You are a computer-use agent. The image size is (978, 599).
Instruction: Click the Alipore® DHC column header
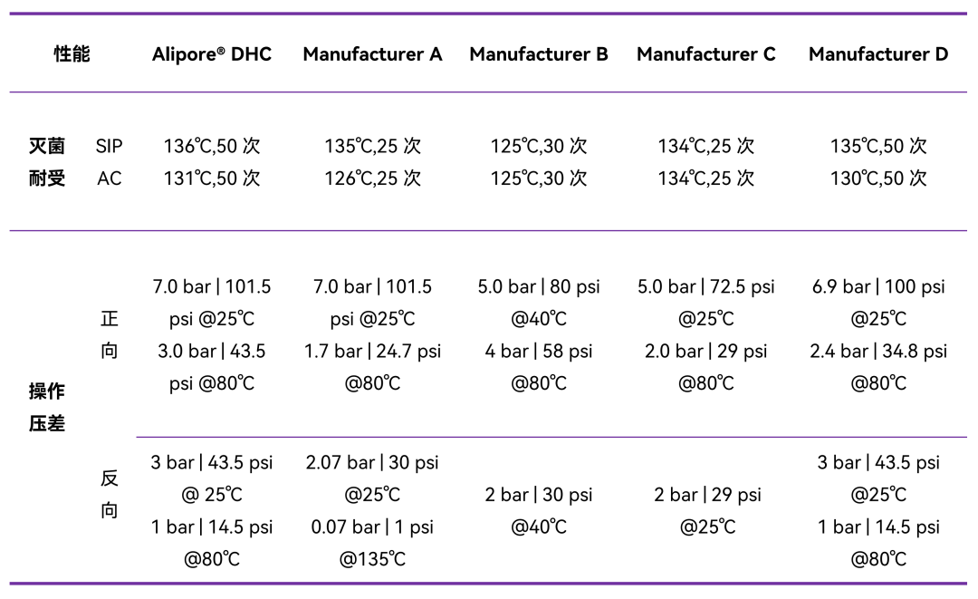click(212, 54)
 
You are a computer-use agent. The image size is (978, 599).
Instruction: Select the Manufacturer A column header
click(372, 54)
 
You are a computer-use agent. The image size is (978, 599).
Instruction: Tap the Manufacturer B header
click(539, 54)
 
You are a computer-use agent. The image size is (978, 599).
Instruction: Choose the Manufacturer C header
click(706, 54)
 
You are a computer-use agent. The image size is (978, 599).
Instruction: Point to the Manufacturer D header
click(878, 54)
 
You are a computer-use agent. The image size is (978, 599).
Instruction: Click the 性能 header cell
click(72, 54)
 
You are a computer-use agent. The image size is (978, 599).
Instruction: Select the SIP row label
click(110, 146)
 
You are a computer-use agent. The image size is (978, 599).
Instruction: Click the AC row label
click(110, 179)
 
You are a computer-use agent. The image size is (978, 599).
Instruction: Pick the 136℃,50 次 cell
click(212, 146)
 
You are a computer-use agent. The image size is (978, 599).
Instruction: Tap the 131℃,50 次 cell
click(212, 179)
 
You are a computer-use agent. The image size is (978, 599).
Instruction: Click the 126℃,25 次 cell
click(372, 179)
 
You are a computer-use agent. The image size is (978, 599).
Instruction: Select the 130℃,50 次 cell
click(878, 179)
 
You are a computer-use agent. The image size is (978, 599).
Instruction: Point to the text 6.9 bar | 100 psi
click(878, 286)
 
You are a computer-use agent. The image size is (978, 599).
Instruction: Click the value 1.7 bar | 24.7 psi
click(372, 352)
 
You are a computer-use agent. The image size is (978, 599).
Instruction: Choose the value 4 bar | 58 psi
click(539, 352)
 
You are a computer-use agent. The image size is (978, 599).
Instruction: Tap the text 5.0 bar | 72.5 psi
click(706, 286)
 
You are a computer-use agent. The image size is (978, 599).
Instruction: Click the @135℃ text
click(372, 558)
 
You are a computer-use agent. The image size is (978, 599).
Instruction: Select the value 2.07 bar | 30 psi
click(372, 462)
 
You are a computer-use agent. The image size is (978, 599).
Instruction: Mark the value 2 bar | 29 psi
click(707, 495)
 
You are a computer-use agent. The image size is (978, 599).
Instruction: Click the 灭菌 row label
click(47, 146)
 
